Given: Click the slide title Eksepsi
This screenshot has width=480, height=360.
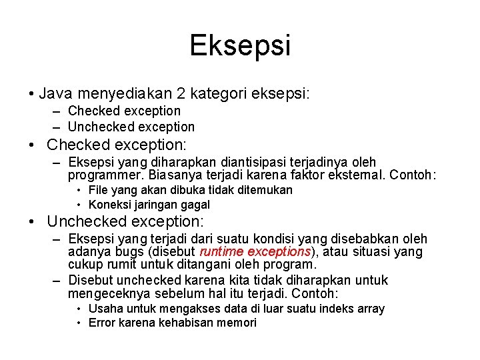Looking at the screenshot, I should pyautogui.click(x=240, y=45).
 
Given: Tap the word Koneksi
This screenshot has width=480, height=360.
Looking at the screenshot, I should pyautogui.click(x=109, y=205).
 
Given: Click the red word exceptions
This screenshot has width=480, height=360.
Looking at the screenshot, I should pyautogui.click(x=279, y=252).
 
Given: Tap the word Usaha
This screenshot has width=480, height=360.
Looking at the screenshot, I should pyautogui.click(x=104, y=309).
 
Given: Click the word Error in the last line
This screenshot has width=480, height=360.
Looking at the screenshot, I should pyautogui.click(x=102, y=323).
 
